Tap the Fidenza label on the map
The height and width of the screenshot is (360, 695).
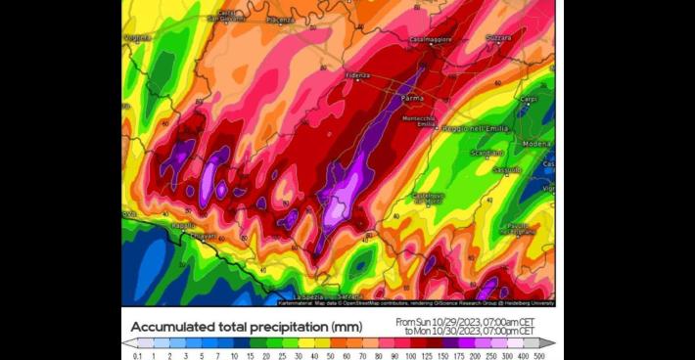pos(357,75)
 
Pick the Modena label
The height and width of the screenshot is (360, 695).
pos(537,144)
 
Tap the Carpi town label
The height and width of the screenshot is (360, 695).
pos(529,99)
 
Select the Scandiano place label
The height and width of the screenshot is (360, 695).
pos(486,154)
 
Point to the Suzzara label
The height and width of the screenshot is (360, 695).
pos(498,37)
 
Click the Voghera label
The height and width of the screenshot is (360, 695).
pos(136,38)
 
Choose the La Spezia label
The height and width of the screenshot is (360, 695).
pos(306,295)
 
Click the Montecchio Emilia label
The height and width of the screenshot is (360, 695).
pos(426,121)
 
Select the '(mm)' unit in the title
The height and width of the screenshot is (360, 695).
pos(345,327)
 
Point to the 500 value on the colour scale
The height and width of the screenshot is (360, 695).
pos(538,355)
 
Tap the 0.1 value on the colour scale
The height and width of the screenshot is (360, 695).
pos(137,355)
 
